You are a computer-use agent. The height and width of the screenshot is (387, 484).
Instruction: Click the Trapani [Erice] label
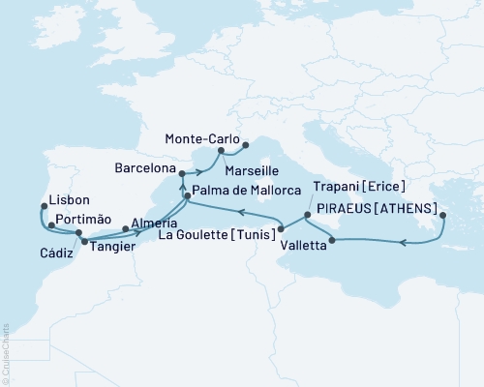click(358, 186)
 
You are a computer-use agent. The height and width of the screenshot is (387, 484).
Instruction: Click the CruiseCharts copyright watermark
click(6, 342)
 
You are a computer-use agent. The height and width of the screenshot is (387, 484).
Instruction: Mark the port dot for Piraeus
click(442, 216)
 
